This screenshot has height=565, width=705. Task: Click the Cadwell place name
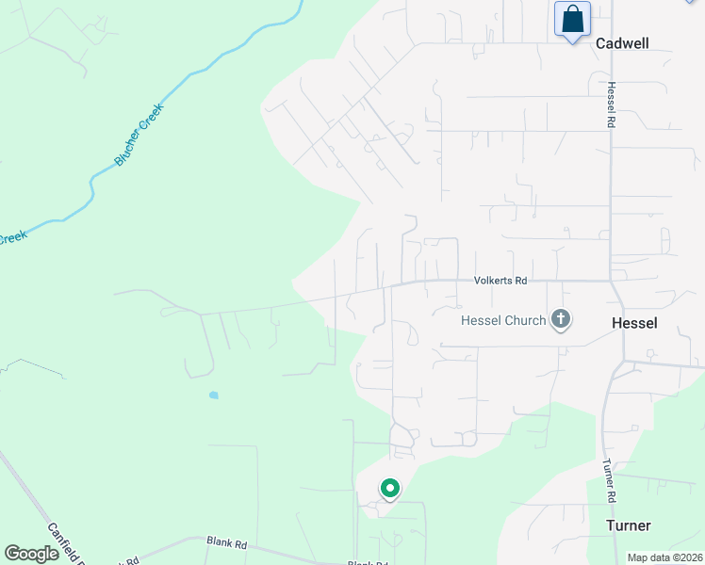(x=623, y=43)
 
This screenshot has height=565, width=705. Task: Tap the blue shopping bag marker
(x=572, y=20)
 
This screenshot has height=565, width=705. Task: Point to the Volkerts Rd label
(x=500, y=281)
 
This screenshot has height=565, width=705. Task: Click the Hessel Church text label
(x=503, y=321)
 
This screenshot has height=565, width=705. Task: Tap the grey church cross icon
(x=561, y=319)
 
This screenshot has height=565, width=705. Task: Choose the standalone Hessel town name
(x=634, y=323)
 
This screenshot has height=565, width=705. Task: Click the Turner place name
(x=629, y=525)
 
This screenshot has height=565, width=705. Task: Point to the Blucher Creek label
(x=139, y=135)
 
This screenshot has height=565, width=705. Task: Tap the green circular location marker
(x=389, y=489)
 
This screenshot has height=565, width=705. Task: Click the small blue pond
(x=214, y=395)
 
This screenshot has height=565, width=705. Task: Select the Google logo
(x=31, y=554)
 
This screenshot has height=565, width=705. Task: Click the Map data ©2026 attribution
(x=664, y=557)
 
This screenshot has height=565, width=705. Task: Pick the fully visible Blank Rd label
(x=226, y=543)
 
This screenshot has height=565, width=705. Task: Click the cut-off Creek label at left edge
(x=11, y=238)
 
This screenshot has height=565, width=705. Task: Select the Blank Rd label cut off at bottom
(x=367, y=562)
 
